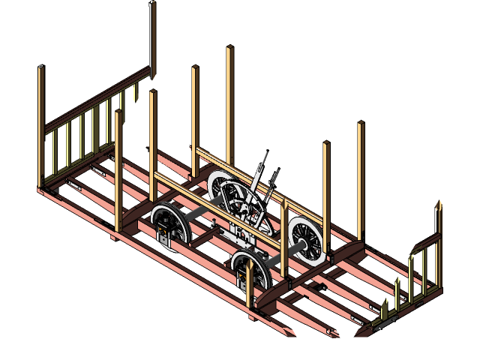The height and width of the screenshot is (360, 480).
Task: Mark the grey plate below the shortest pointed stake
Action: (x=387, y=324)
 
